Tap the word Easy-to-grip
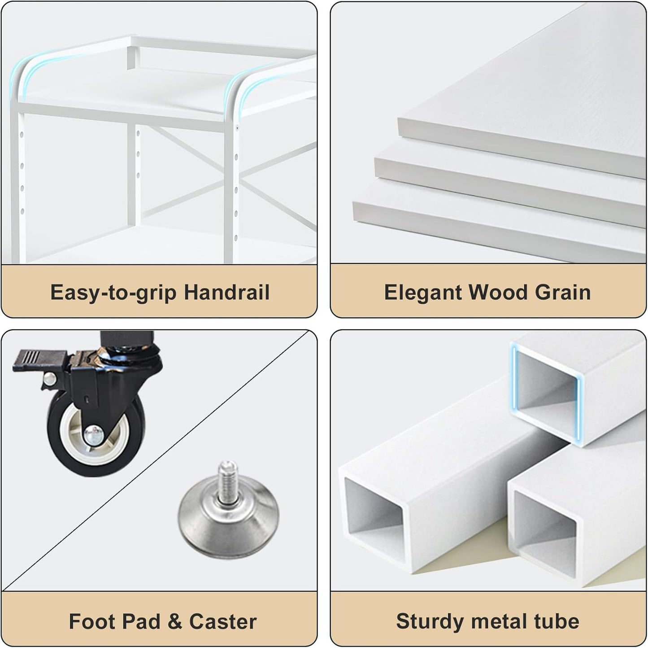click(113, 293)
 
